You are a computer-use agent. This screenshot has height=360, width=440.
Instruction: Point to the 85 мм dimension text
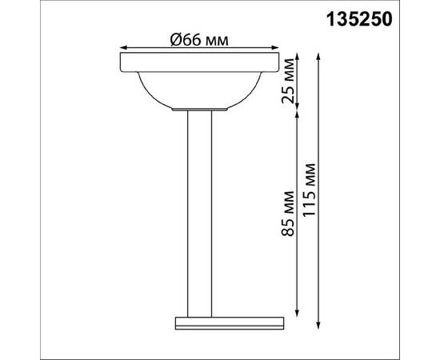[289, 211]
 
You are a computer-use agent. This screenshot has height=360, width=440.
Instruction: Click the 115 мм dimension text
[310, 192]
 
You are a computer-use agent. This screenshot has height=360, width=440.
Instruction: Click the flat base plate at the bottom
[229, 323]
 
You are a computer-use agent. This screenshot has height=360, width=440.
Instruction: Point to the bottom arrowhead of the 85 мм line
[298, 313]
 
